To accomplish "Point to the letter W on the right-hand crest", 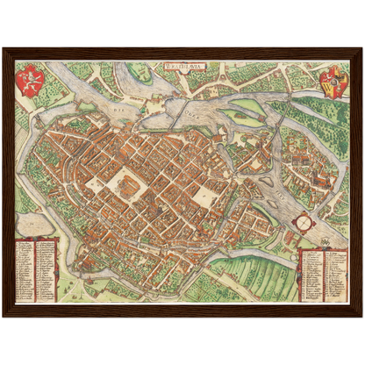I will click(332, 83).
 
